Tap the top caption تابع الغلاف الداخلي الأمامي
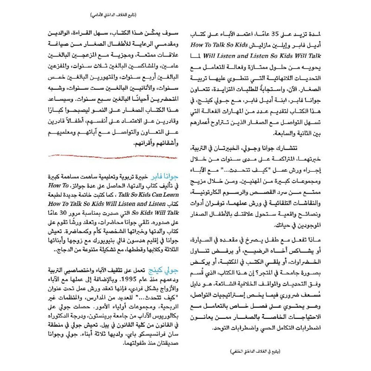coord(114,16)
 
